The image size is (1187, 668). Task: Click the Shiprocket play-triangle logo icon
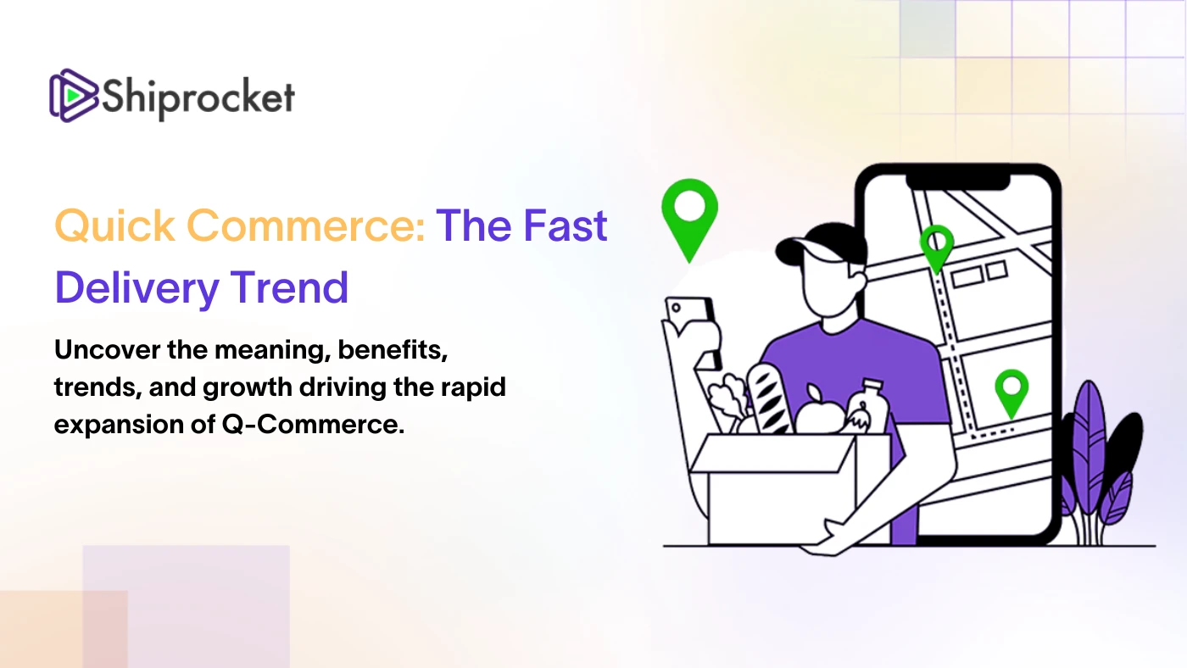click(74, 95)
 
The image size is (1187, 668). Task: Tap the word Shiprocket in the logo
click(198, 97)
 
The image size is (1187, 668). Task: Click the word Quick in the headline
click(115, 226)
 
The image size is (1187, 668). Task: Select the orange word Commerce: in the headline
click(306, 226)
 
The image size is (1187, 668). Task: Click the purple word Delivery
click(137, 288)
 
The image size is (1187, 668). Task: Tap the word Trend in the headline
click(289, 287)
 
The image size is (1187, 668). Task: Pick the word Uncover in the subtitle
click(107, 350)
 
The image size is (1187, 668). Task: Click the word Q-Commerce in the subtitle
click(313, 425)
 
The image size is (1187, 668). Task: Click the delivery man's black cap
click(821, 243)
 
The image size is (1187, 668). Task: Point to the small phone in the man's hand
click(694, 323)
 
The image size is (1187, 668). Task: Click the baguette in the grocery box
click(770, 398)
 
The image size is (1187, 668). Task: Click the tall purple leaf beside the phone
click(1089, 450)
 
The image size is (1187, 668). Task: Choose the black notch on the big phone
click(958, 182)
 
